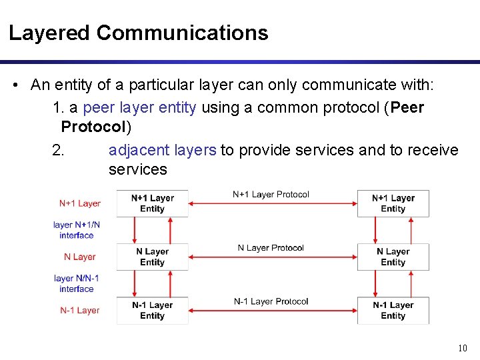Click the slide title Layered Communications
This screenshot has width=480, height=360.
coord(138,33)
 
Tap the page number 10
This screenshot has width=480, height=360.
coord(463,348)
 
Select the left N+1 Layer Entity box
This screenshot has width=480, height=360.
coord(152,203)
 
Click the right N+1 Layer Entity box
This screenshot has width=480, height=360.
coord(393,203)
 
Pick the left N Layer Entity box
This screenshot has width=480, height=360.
coord(152,257)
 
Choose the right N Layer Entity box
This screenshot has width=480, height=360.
coord(393,257)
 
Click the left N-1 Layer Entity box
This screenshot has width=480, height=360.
coord(152,310)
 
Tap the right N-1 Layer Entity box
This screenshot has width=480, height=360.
coord(393,310)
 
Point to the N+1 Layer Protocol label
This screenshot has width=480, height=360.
coord(271,195)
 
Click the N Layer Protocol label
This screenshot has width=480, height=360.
coord(271,248)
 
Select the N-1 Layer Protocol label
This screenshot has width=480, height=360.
coord(271,301)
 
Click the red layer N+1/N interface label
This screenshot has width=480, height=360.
coord(77,230)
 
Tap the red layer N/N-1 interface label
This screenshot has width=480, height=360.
coord(77,283)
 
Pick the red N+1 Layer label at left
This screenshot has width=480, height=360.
coord(79,203)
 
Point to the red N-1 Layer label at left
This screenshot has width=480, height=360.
coord(79,310)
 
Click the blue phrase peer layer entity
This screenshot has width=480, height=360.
coord(140,108)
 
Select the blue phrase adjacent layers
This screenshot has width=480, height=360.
coord(162,150)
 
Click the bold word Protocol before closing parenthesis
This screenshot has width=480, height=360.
coord(93,127)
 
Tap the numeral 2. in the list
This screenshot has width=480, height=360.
coord(58,150)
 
